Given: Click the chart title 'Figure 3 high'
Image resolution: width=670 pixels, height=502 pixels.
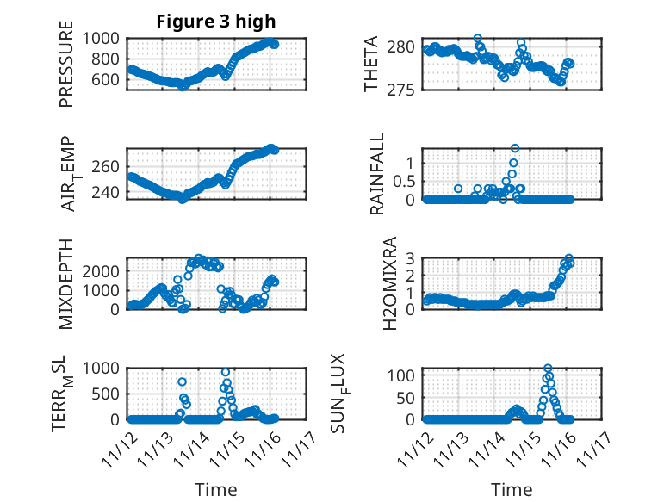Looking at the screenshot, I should click(x=216, y=22).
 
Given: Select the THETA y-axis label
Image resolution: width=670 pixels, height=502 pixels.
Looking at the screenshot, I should click(x=371, y=65).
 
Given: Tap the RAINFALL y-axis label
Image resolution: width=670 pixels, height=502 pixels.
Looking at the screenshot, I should click(x=377, y=175).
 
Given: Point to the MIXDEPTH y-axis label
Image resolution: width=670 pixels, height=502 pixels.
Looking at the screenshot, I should click(x=66, y=283).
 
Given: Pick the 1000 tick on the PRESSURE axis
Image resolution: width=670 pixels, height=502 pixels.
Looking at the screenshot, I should click(x=104, y=38).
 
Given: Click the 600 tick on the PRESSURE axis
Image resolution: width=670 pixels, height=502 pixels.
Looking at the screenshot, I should click(x=109, y=80).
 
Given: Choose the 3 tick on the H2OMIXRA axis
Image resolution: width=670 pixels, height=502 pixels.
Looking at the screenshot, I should click(x=413, y=257).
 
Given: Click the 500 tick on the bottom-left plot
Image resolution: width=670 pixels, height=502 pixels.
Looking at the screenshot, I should click(x=109, y=394).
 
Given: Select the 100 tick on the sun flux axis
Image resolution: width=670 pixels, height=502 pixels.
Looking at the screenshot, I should click(x=406, y=375).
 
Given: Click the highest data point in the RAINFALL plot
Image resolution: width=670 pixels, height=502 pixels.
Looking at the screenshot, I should click(x=515, y=148).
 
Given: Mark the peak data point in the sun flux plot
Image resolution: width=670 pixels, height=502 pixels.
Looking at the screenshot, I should click(x=548, y=369).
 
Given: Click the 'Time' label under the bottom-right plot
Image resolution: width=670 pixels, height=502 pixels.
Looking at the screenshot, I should click(x=512, y=490).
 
